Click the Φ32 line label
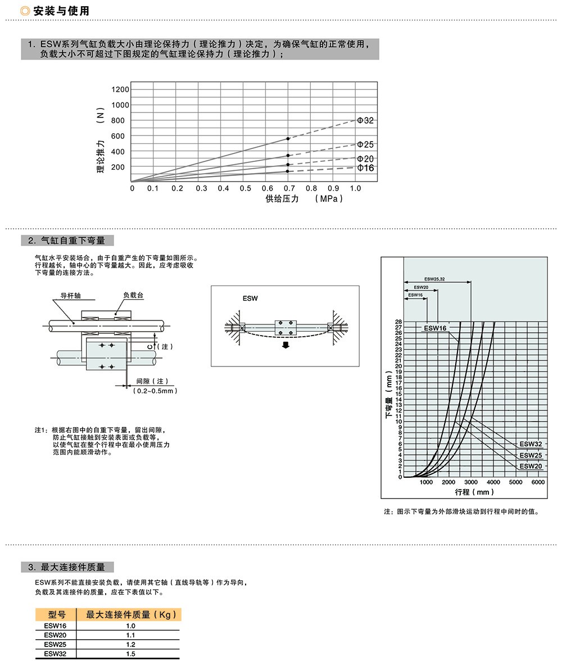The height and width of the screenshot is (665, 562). (x=365, y=121)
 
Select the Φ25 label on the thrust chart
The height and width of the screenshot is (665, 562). (x=365, y=145)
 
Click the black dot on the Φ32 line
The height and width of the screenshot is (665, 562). (x=288, y=138)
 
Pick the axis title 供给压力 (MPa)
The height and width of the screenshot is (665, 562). (x=303, y=199)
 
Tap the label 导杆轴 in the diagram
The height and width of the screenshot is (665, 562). (x=72, y=295)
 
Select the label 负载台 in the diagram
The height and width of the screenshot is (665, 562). (x=134, y=295)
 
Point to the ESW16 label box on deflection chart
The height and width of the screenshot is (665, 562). (x=435, y=328)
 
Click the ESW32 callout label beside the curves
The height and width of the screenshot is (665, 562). (x=531, y=444)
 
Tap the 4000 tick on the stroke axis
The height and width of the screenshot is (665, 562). (x=493, y=482)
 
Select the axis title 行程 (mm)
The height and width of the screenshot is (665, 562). (x=474, y=492)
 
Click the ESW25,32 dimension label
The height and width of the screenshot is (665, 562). (x=434, y=279)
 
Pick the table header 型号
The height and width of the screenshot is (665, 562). (x=57, y=614)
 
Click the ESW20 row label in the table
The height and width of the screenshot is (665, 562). (x=55, y=635)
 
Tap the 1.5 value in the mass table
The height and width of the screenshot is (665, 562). (x=130, y=654)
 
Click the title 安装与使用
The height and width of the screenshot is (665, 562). (x=61, y=11)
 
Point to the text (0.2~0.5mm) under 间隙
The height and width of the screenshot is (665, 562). (x=155, y=391)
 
